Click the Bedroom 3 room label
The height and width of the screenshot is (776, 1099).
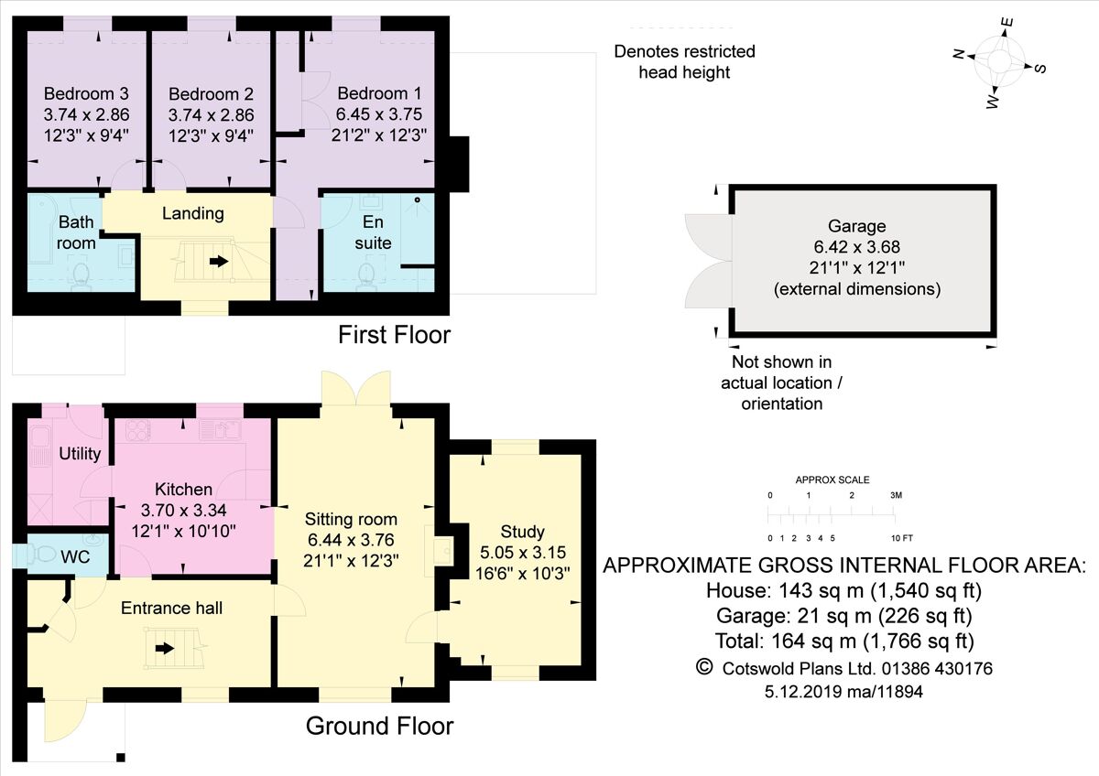(x=86, y=93)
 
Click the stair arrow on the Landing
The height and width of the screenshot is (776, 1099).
(x=219, y=261)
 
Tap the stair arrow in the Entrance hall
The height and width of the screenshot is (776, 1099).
(x=165, y=649)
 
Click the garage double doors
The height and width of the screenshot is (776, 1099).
(x=707, y=262)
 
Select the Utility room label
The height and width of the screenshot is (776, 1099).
(x=79, y=454)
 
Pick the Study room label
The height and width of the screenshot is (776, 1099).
(x=523, y=532)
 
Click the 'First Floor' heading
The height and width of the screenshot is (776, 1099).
(x=395, y=335)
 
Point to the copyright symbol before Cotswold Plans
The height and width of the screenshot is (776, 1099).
(x=703, y=667)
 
